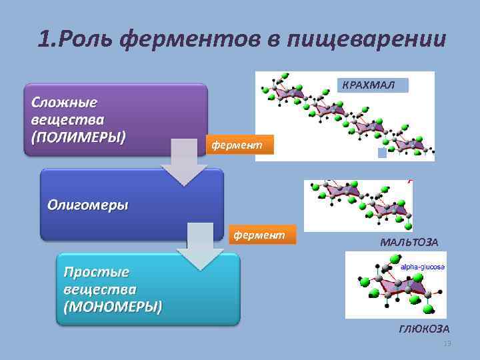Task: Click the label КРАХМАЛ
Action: point(369,85)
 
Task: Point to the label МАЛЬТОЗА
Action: point(409,241)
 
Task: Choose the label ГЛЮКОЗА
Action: point(424,329)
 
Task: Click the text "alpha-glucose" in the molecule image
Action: point(422,267)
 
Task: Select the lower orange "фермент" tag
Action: point(258,235)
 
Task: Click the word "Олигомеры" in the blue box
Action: point(87,205)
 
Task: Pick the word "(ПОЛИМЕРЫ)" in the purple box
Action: point(78,137)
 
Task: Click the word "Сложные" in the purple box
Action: point(64,103)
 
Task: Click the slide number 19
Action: point(447,343)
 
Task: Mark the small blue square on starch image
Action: point(382,153)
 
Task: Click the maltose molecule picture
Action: point(358,205)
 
